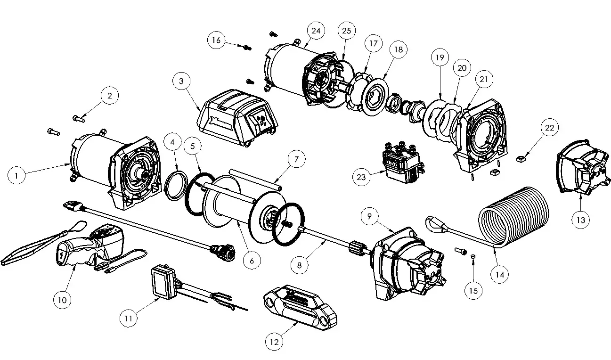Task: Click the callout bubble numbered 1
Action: click(x=17, y=176)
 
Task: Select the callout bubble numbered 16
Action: click(x=216, y=40)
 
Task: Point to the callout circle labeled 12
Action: click(x=274, y=342)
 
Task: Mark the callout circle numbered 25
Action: click(x=346, y=31)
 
